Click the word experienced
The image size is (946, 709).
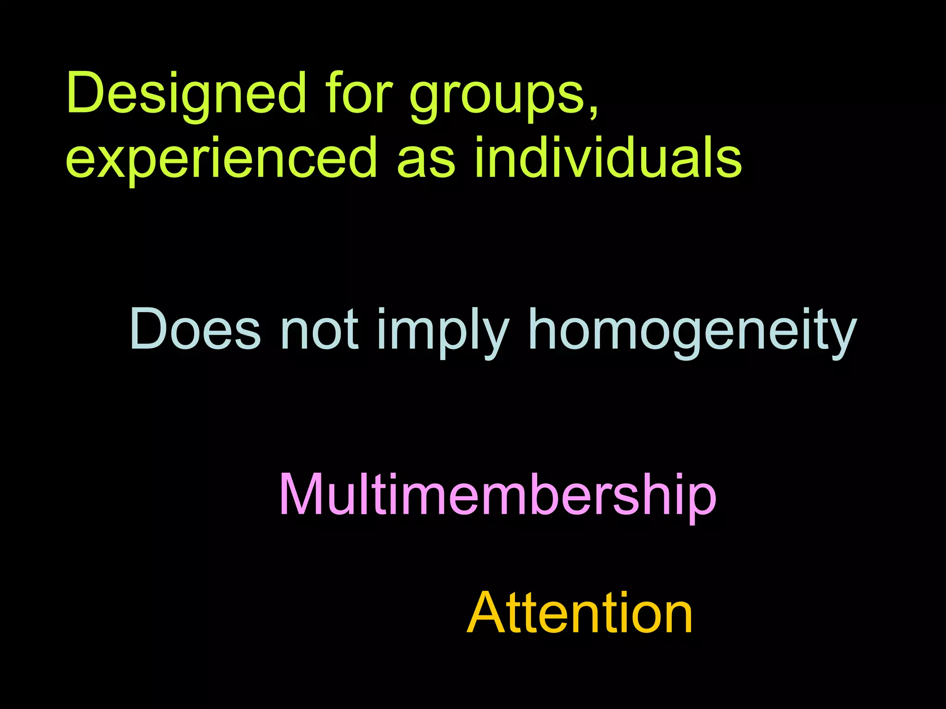point(221,159)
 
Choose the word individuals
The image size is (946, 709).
point(608,157)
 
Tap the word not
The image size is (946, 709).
point(319,329)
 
